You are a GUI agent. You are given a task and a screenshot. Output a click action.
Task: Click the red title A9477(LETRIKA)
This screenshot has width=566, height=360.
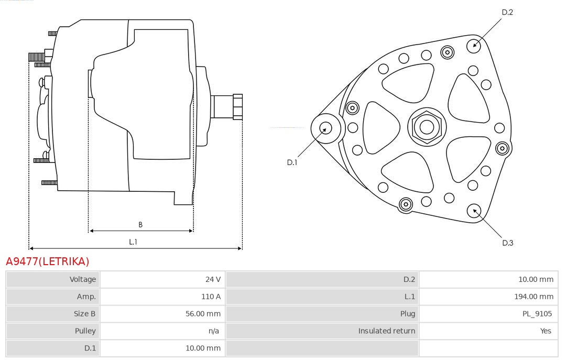(x=47, y=261)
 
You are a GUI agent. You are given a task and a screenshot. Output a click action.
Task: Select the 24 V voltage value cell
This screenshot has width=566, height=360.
(x=213, y=279)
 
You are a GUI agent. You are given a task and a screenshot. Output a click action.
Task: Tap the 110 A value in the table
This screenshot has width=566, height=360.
(x=211, y=297)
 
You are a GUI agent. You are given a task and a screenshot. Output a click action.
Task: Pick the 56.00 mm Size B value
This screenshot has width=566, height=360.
(x=203, y=314)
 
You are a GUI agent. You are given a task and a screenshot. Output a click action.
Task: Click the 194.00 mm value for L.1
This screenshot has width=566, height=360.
(x=534, y=297)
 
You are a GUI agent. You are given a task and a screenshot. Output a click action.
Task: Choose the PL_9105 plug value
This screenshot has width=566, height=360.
(x=537, y=314)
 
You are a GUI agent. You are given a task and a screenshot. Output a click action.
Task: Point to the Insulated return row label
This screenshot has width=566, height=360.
(x=387, y=331)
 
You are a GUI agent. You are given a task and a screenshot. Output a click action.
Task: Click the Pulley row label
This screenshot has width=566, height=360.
(x=85, y=331)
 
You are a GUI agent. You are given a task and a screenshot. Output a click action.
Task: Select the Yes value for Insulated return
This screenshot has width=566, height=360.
(x=546, y=331)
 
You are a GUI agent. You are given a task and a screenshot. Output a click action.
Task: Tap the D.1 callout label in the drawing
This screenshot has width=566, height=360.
(x=292, y=162)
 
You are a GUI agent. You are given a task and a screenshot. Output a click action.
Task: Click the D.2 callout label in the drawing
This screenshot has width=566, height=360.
(x=507, y=12)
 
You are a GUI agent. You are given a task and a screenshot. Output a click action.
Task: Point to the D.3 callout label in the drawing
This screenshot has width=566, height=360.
(x=507, y=243)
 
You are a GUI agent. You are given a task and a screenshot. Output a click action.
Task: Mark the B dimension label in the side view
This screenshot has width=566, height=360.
(x=140, y=225)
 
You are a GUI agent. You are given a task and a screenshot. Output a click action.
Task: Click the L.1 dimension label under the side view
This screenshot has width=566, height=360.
(x=133, y=242)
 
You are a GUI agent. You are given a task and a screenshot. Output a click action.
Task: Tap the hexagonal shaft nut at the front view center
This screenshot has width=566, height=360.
(x=427, y=127)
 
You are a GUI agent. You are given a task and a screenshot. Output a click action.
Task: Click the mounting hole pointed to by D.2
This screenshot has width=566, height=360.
(x=474, y=46)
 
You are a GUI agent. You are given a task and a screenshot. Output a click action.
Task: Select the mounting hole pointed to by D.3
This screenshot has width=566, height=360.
(x=474, y=211)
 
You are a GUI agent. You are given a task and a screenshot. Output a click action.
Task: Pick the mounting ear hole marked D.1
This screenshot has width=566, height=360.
(x=325, y=128)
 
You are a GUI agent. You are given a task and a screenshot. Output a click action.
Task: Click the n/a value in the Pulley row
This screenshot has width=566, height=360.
(x=214, y=331)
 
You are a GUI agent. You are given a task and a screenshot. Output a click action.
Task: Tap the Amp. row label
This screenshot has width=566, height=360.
(x=86, y=297)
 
